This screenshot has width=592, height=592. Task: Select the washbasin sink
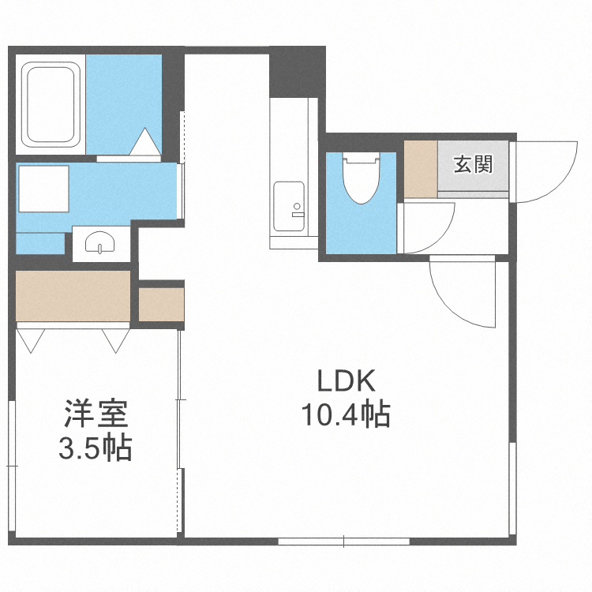[99, 242]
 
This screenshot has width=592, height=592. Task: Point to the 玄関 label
[472, 164]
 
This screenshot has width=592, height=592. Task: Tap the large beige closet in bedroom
[73, 295]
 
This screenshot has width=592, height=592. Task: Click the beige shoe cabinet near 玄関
[420, 168]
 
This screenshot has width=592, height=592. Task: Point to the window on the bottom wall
[343, 541]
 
